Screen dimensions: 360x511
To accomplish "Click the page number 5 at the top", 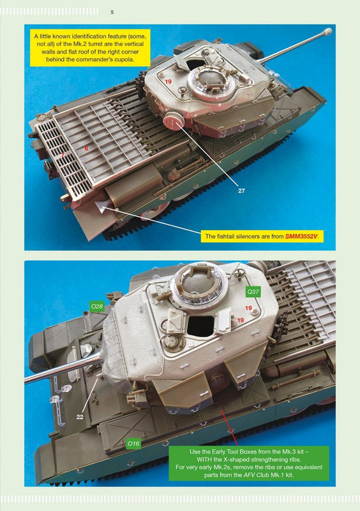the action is coord(112,12).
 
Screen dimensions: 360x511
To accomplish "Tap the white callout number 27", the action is coord(241,190).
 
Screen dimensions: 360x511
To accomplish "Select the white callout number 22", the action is coord(80,417).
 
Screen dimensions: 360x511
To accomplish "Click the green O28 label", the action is coord(97,307).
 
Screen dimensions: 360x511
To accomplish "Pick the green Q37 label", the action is coord(253,292).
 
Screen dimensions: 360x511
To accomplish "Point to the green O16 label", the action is coord(133,443).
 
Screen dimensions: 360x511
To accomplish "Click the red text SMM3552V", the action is coord(301,236).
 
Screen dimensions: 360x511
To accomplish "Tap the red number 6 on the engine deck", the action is coord(86,148).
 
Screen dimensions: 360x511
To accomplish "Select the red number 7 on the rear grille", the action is coord(63,155).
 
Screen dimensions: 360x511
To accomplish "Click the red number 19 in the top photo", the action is coord(168,82).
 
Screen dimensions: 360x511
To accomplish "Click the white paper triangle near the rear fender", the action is coord(101,206).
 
